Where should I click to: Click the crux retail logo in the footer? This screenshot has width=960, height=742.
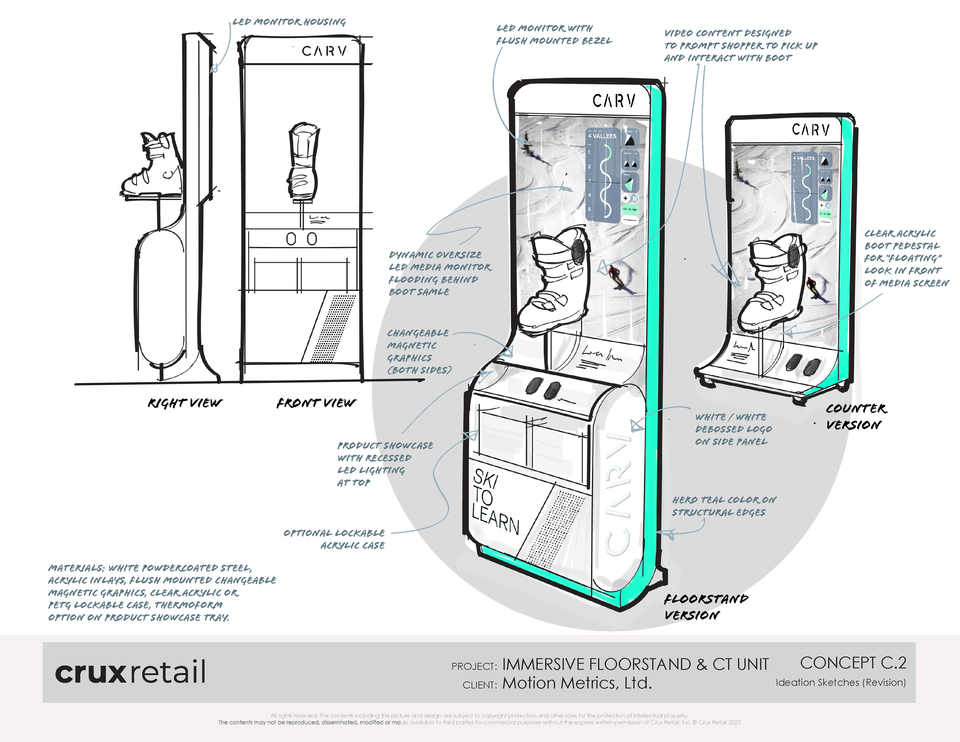pyautogui.click(x=130, y=671)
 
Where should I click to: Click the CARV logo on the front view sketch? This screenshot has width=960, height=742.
pyautogui.click(x=324, y=51)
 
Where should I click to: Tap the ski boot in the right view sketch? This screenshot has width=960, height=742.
pyautogui.click(x=152, y=165)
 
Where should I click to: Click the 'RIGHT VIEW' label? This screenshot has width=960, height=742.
pyautogui.click(x=185, y=403)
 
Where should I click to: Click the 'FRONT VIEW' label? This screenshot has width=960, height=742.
pyautogui.click(x=316, y=403)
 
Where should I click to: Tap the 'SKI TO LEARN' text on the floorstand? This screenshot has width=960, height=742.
pyautogui.click(x=495, y=501)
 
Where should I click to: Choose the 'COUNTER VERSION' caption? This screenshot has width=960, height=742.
pyautogui.click(x=855, y=416)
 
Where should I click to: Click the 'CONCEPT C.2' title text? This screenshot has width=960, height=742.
pyautogui.click(x=853, y=663)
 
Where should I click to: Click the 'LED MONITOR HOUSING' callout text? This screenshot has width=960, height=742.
pyautogui.click(x=289, y=22)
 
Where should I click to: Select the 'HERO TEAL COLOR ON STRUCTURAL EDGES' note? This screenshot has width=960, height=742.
pyautogui.click(x=723, y=506)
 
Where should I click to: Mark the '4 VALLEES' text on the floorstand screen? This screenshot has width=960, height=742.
pyautogui.click(x=602, y=136)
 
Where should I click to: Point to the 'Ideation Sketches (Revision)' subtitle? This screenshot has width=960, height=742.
pyautogui.click(x=840, y=682)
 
